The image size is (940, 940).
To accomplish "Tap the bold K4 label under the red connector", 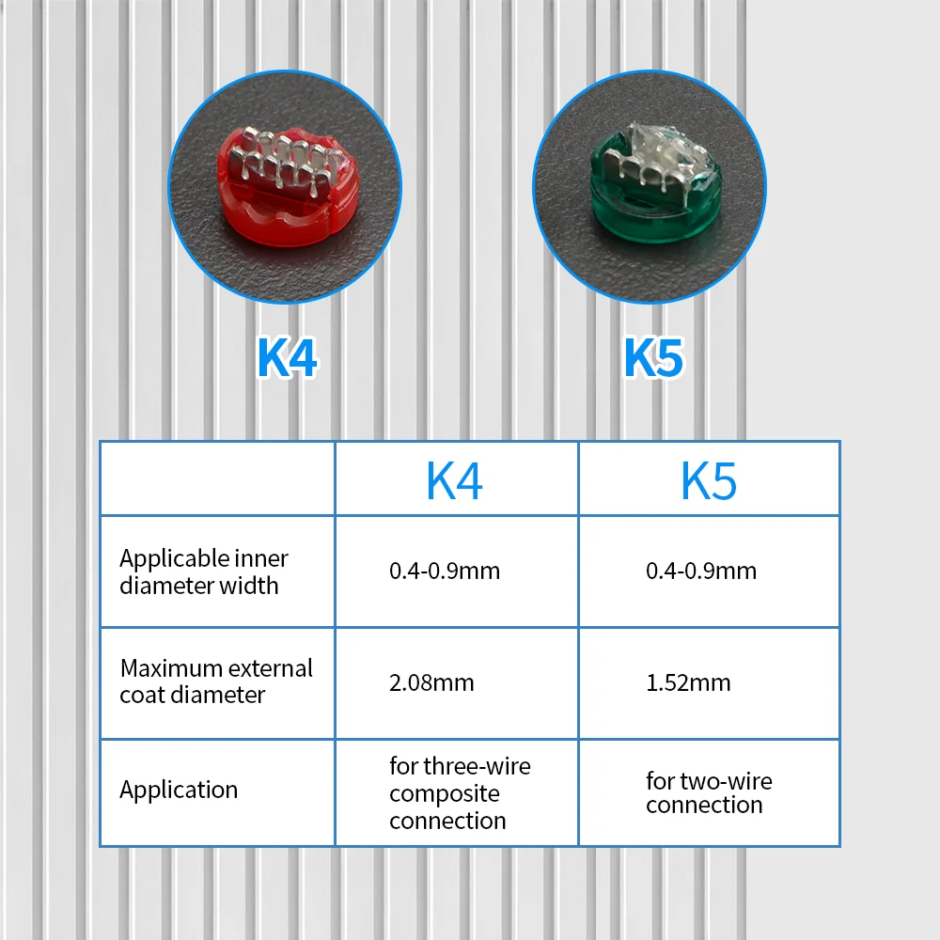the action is click(x=287, y=357).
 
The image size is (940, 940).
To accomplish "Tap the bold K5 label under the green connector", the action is click(x=653, y=357).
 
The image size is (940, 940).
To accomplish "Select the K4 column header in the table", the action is click(x=454, y=480).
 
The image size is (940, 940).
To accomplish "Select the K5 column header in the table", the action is click(x=709, y=480).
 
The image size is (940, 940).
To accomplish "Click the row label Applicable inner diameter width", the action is click(x=204, y=572).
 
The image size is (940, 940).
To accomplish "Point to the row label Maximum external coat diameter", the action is click(x=216, y=681).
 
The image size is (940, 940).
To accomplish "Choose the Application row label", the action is click(x=179, y=790).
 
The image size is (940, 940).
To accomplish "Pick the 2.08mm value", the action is click(x=431, y=682).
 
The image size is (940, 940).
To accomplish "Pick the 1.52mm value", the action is click(x=688, y=682).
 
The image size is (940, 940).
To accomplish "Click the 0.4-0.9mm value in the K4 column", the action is click(x=445, y=571).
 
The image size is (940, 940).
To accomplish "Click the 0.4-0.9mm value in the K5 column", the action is click(x=701, y=571).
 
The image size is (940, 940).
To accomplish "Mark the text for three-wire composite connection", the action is click(x=460, y=793).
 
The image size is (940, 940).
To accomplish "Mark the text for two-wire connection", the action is click(x=709, y=792).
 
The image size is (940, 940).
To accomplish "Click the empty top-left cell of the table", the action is click(x=218, y=478).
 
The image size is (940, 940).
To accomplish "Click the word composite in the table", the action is click(x=445, y=794).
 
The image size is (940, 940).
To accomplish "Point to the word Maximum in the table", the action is click(x=164, y=667).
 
